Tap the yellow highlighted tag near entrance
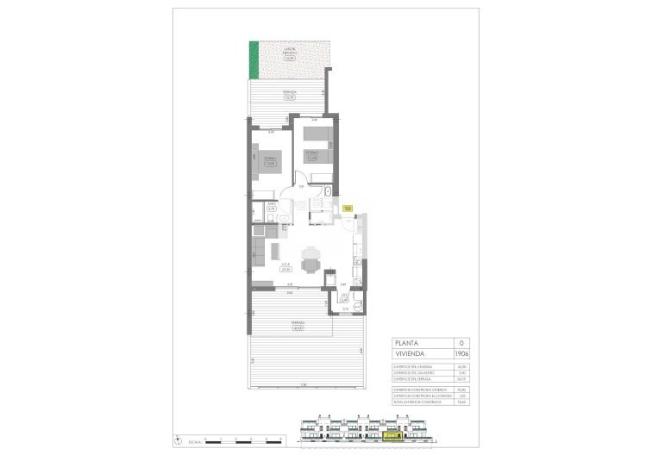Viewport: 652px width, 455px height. (x=347, y=209)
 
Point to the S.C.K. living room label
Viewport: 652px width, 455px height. (x=285, y=267)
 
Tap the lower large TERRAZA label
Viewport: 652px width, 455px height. (x=298, y=325)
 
